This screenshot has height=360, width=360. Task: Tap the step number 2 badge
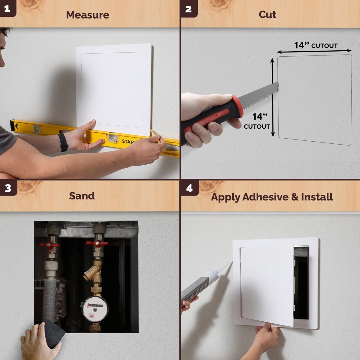coord(188,9)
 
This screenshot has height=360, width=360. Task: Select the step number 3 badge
coord(8,188)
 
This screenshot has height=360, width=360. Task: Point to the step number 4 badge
coord(189,188)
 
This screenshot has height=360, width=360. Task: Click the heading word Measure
coord(88,15)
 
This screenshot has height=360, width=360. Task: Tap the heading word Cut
coord(267,14)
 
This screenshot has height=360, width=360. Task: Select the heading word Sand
coord(82,196)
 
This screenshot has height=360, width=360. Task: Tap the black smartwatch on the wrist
coord(63,142)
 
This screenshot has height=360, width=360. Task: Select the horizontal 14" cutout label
coord(316,46)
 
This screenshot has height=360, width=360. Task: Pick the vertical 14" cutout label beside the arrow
coord(257,121)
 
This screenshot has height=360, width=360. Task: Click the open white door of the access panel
coord(266,285)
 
